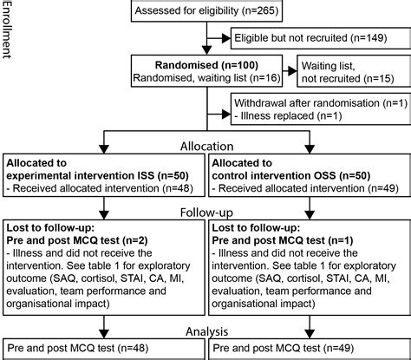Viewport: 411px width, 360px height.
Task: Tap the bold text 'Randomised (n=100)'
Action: (x=207, y=64)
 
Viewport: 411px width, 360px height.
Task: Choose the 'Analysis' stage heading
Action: (x=205, y=330)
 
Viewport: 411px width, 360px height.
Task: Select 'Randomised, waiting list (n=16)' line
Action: (x=207, y=77)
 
